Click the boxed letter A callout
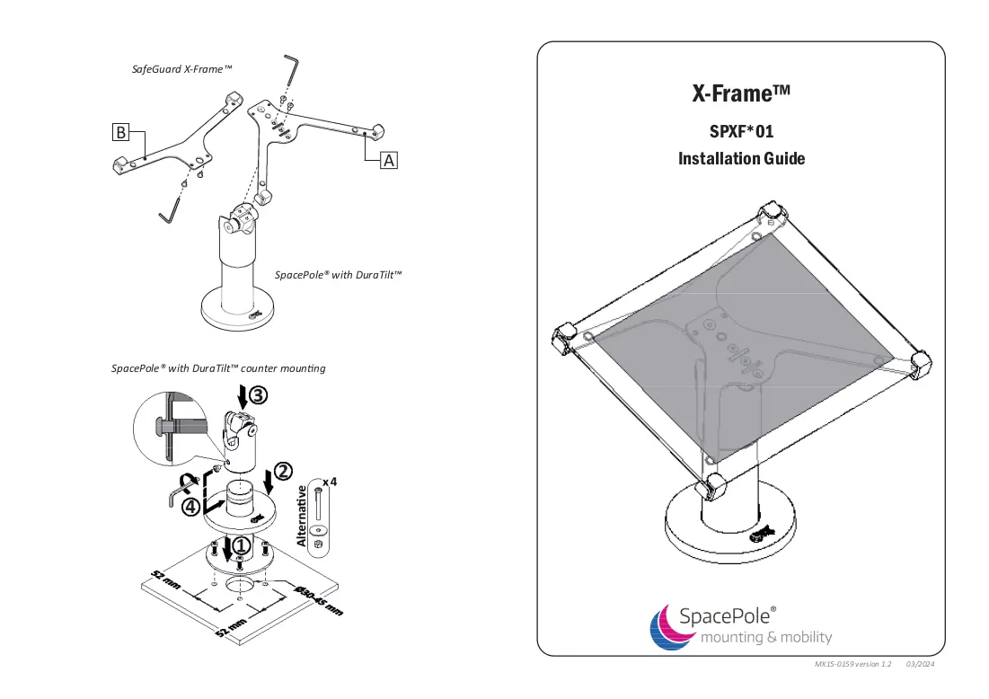pos(389,160)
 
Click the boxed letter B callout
pos(120,132)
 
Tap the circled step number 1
pos(242,545)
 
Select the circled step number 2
pos(283,471)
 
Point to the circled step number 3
pos(258,395)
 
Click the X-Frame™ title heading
pos(741,93)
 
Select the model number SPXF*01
pos(741,131)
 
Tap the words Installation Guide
pos(741,158)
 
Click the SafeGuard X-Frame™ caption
pos(181,69)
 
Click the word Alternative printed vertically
pos(302,516)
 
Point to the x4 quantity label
pos(330,482)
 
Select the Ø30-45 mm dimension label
pos(319,601)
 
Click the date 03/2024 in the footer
pos(920,664)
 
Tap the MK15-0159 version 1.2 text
pos(852,664)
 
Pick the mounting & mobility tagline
pos(766,637)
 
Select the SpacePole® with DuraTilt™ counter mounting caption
pos(218,368)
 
